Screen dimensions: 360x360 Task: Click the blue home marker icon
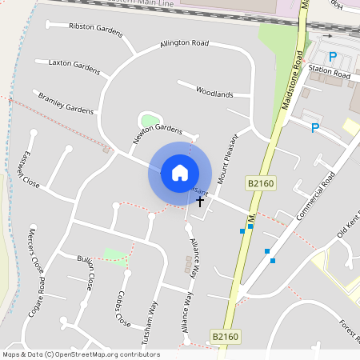click(179, 172)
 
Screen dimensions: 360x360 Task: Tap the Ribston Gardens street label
click(96, 30)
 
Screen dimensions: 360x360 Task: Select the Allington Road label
click(184, 43)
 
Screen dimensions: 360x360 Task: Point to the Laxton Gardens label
click(74, 66)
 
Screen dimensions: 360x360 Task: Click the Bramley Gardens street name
click(66, 102)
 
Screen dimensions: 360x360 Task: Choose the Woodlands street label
click(214, 93)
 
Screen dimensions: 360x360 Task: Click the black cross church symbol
click(199, 202)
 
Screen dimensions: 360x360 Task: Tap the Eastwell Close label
click(31, 169)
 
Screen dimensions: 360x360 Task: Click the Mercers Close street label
click(36, 249)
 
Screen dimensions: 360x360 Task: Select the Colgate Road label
click(37, 296)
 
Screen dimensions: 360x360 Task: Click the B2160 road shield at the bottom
click(226, 337)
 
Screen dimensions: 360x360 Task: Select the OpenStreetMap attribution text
click(80, 354)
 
